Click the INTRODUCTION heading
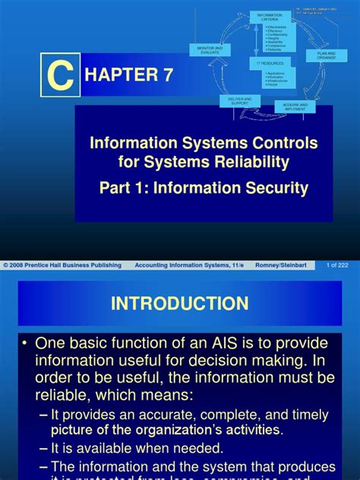click(180, 304)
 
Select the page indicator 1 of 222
click(337, 264)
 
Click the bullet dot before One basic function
click(25, 343)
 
